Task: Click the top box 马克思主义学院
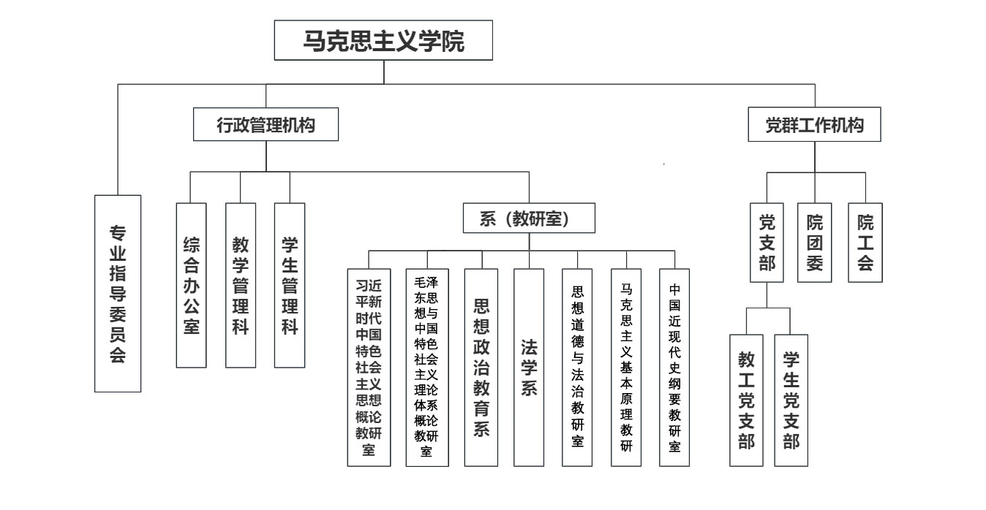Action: click(383, 41)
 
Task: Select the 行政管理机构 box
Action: click(266, 125)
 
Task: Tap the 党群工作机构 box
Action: click(814, 125)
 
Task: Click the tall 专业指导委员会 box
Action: click(118, 293)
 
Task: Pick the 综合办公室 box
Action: click(191, 284)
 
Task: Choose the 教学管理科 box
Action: click(240, 284)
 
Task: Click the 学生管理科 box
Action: click(289, 284)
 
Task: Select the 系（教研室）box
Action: click(529, 218)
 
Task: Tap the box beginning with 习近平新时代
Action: click(369, 367)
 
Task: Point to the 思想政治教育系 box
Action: click(481, 367)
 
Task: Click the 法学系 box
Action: click(529, 367)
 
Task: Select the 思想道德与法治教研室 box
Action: click(578, 367)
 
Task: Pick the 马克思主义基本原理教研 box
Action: click(626, 367)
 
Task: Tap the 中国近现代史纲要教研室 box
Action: click(674, 367)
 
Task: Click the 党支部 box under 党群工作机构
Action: click(767, 242)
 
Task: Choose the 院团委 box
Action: click(815, 242)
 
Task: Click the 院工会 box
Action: click(865, 242)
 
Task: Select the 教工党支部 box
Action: click(747, 400)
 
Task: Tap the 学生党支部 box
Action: click(791, 400)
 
